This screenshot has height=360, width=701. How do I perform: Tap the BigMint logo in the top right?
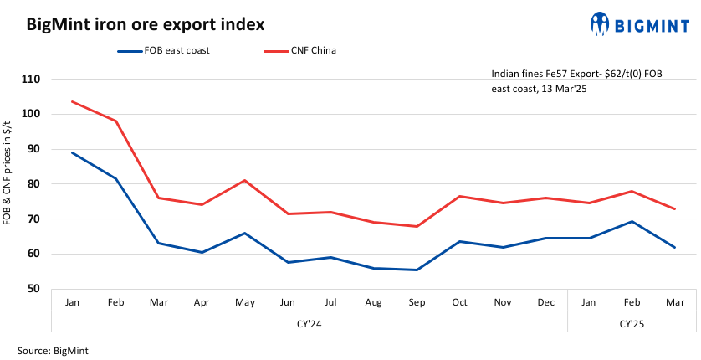643,24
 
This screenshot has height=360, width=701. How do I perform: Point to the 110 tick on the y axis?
33,80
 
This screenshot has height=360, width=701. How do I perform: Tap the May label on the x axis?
244,301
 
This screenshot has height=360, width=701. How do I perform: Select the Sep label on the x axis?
416,301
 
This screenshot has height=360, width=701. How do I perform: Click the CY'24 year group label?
310,322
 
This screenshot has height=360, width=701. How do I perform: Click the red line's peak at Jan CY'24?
73,101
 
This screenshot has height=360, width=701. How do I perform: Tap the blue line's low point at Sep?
416,270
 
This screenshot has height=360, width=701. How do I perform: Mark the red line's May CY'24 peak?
244,180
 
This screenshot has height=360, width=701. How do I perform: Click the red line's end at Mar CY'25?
674,209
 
